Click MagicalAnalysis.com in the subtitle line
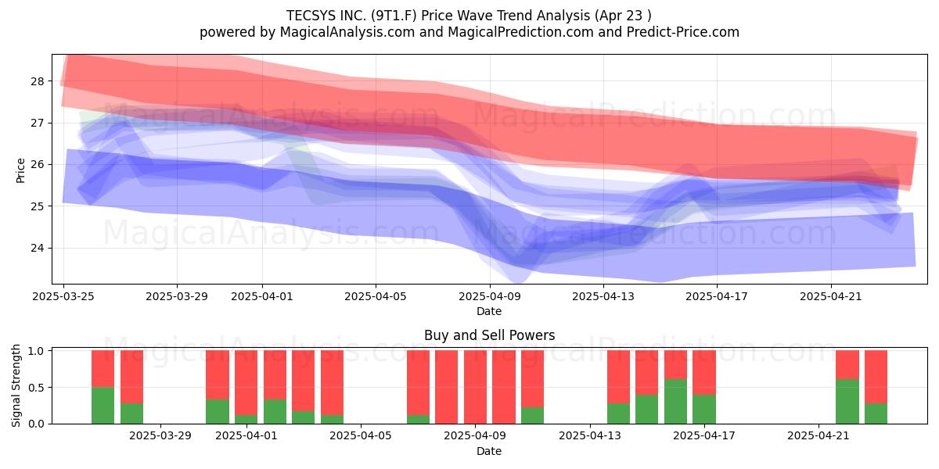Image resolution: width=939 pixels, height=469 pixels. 347,32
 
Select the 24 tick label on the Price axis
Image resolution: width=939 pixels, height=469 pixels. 38,248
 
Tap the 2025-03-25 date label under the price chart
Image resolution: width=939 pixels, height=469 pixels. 63,296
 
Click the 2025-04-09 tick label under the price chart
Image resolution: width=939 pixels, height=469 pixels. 490,296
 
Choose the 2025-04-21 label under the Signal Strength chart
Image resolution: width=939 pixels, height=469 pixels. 818,436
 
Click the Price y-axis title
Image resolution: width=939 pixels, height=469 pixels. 20,171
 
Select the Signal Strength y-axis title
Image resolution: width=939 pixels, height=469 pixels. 16,385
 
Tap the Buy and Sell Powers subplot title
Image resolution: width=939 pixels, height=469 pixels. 490,335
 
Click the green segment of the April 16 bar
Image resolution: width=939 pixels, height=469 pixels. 676,401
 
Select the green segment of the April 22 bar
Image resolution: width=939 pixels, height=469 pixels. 847,401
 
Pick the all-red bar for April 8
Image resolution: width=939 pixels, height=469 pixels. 447,387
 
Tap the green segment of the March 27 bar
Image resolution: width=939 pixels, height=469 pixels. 103,406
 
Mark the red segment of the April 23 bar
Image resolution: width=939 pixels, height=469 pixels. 876,377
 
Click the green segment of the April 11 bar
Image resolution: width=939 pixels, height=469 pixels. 532,415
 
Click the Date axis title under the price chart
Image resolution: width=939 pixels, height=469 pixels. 489,311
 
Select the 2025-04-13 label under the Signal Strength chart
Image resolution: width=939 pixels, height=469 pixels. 590,436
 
